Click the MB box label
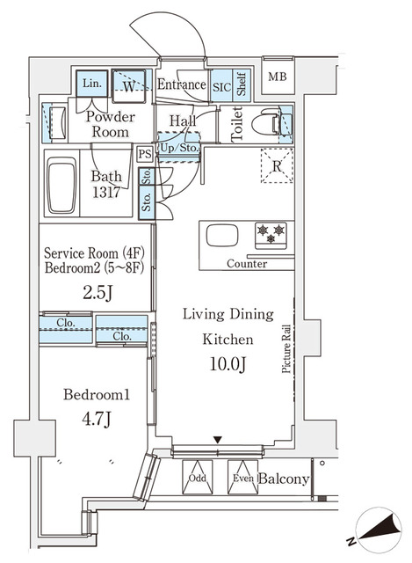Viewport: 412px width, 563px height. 277,77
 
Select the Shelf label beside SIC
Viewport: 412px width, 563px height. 242,85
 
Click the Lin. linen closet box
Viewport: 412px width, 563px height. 91,84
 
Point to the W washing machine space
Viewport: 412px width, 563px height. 129,85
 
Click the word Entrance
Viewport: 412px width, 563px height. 182,85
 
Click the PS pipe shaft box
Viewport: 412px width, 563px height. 145,153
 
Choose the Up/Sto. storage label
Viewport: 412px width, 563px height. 179,148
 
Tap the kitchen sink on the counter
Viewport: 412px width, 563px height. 220,236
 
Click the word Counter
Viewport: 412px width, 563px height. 246,264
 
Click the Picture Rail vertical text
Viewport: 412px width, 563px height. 287,350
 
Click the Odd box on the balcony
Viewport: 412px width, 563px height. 198,479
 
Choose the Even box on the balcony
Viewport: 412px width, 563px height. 244,479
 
